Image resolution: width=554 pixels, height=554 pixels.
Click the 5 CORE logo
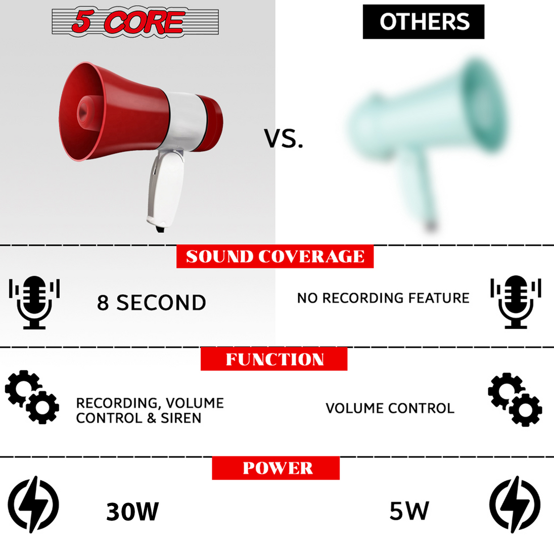coord(135,22)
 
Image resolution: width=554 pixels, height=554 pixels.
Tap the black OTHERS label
coord(424,22)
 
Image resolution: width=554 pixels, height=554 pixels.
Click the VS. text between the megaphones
coord(284,138)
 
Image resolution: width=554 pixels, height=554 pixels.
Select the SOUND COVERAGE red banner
coord(275,257)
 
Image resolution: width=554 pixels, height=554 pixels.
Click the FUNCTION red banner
coord(274,359)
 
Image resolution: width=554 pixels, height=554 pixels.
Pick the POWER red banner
coord(276,468)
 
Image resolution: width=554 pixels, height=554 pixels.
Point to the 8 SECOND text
coord(152,303)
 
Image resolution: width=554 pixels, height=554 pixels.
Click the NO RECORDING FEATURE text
coord(383,298)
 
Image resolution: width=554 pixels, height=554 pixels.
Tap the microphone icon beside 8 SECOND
coord(34,302)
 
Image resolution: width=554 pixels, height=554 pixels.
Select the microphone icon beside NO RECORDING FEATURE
coord(516,302)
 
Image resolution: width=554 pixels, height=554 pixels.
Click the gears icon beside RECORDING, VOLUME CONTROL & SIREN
coord(32,397)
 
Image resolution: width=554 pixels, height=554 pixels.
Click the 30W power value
coord(132,512)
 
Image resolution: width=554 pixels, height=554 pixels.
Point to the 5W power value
coord(409,511)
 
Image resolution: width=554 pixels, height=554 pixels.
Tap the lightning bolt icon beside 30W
coord(33,504)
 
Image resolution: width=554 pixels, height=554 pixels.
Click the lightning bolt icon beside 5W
coord(515,504)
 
